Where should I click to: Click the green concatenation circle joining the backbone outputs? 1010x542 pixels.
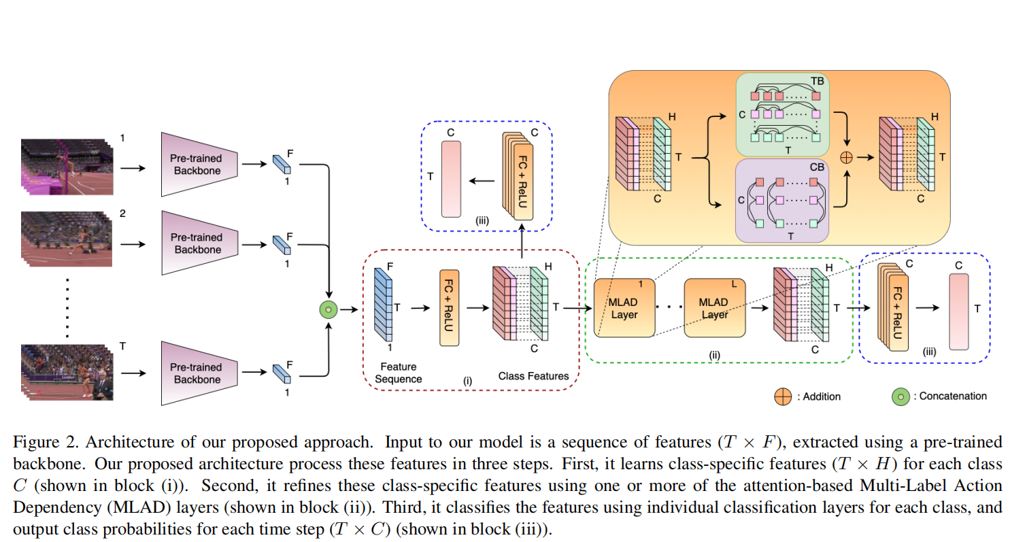[328, 309]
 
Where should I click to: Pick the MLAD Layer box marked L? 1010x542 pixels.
[715, 308]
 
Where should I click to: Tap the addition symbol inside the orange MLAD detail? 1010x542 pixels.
[847, 158]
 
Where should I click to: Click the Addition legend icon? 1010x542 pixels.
[782, 396]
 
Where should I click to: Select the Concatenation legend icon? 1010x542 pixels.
[901, 396]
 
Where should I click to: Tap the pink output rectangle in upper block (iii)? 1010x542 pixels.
[451, 179]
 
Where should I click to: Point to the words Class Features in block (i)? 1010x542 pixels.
[534, 375]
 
